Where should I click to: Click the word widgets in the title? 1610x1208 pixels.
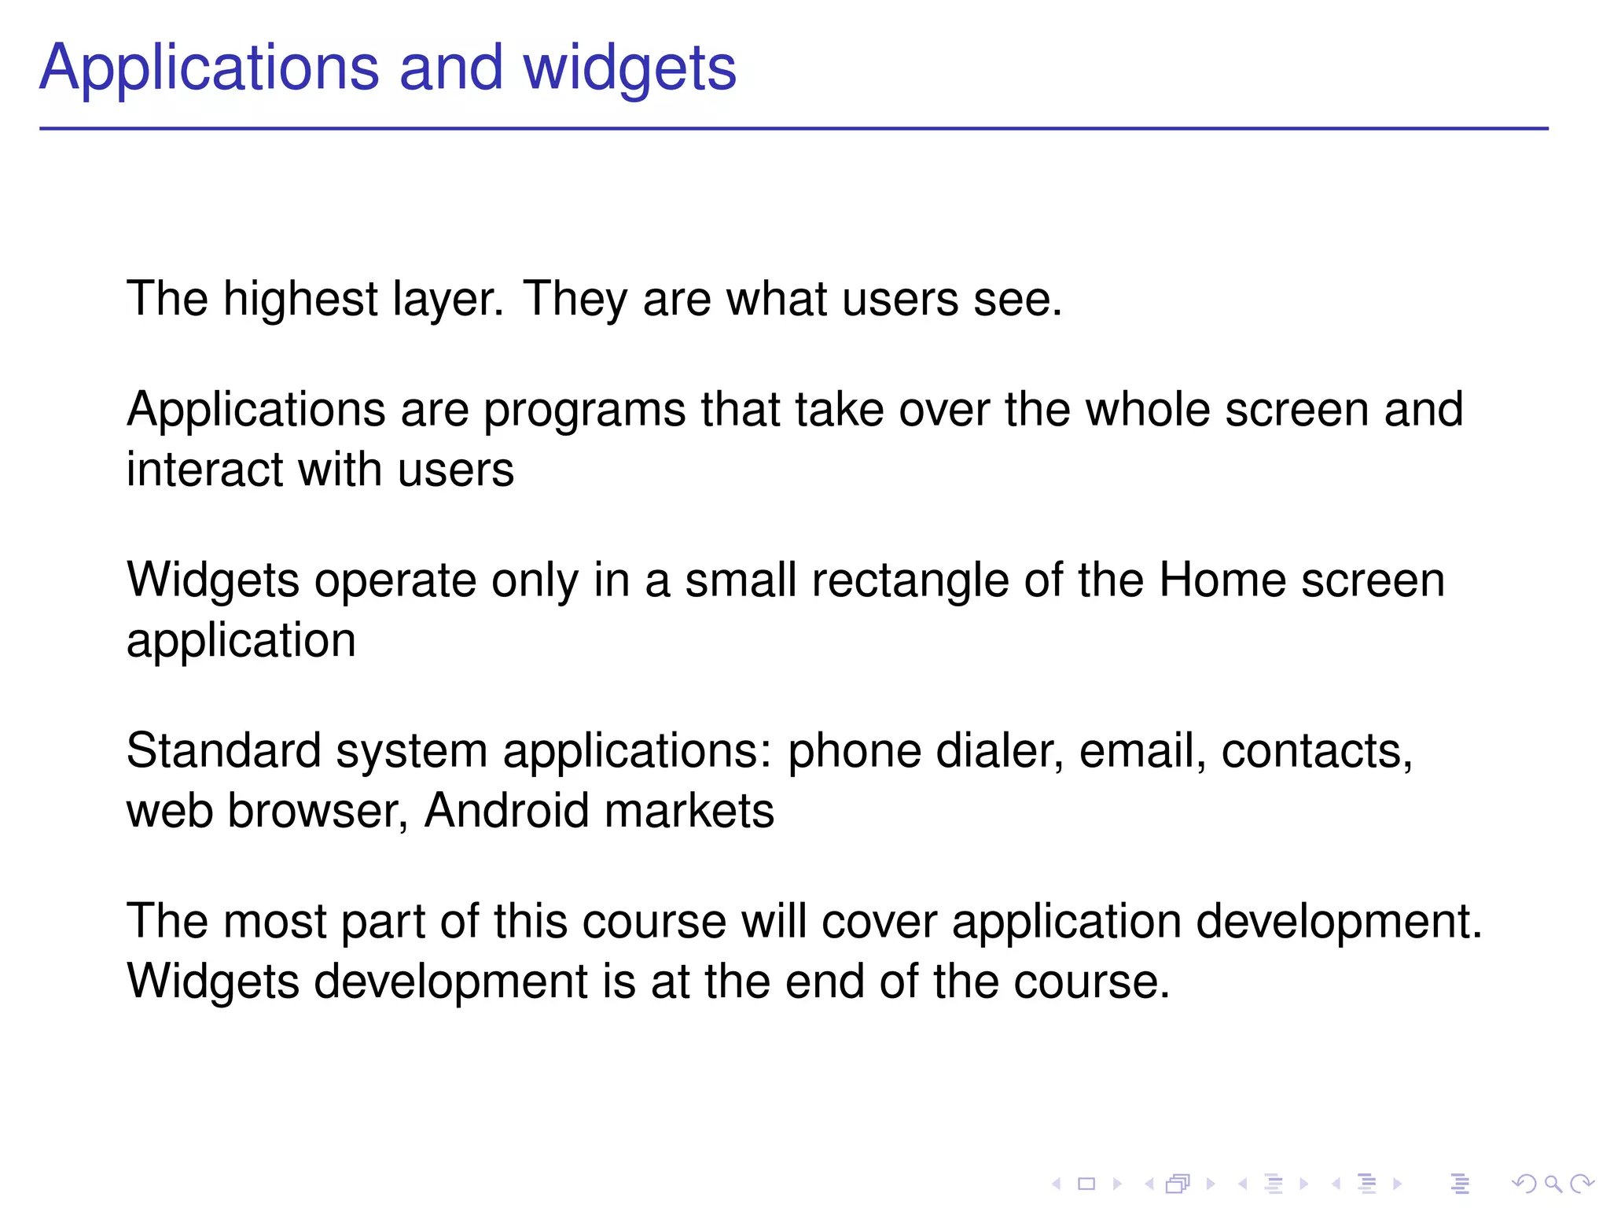click(x=630, y=69)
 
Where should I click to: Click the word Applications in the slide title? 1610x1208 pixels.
click(x=209, y=69)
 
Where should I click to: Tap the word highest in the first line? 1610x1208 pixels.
click(x=300, y=300)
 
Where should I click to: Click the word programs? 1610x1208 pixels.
click(x=584, y=411)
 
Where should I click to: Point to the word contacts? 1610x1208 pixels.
click(x=1317, y=751)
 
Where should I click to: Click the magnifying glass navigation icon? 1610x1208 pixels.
click(x=1553, y=1184)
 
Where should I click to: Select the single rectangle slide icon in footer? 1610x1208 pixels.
click(x=1086, y=1184)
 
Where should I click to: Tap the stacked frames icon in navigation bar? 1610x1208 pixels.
click(x=1178, y=1184)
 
